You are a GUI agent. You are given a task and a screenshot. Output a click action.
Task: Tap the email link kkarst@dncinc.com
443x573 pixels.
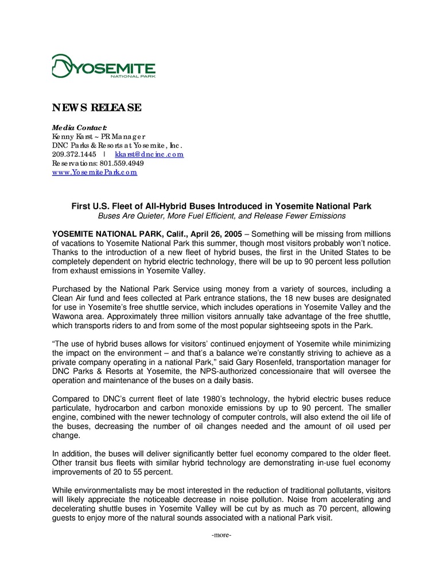(x=149, y=154)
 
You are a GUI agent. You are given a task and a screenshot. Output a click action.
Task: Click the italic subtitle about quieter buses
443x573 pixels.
(x=221, y=216)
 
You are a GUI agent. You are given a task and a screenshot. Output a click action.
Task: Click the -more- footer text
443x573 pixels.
(x=221, y=535)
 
